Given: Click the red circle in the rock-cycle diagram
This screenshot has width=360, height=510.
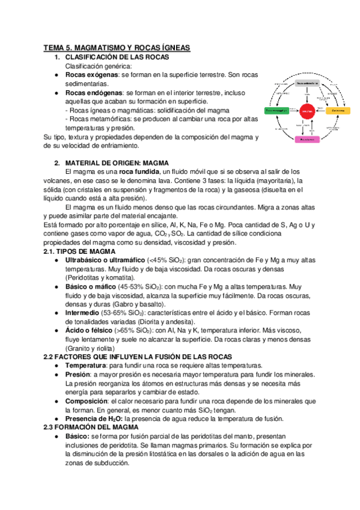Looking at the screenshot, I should tap(307, 111).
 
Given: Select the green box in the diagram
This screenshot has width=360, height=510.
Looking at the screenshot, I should tap(277, 111).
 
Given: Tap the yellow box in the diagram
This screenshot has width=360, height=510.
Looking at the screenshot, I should tap(338, 111).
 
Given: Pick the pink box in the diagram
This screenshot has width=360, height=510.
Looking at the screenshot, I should tap(307, 139).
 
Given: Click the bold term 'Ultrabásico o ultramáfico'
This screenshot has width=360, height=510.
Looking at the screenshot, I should tap(105, 260).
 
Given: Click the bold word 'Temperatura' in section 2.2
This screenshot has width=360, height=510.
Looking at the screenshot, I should tap(88, 366).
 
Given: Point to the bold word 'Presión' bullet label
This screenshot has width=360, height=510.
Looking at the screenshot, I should tap(79, 374).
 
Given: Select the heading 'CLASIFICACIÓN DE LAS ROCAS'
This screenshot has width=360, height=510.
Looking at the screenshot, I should tap(121, 57).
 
